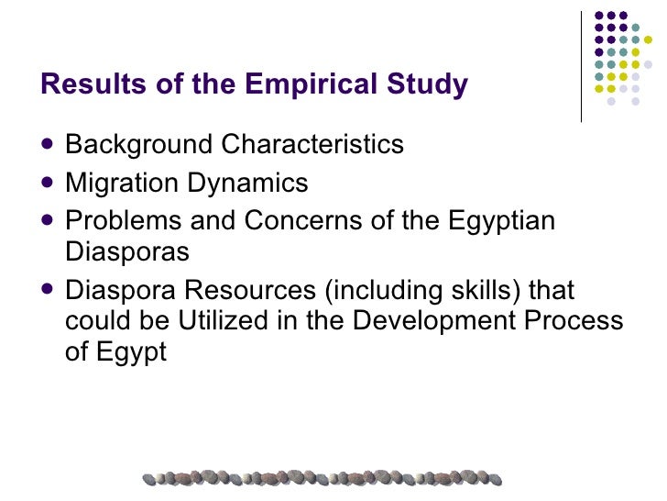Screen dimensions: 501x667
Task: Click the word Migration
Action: coord(122,184)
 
